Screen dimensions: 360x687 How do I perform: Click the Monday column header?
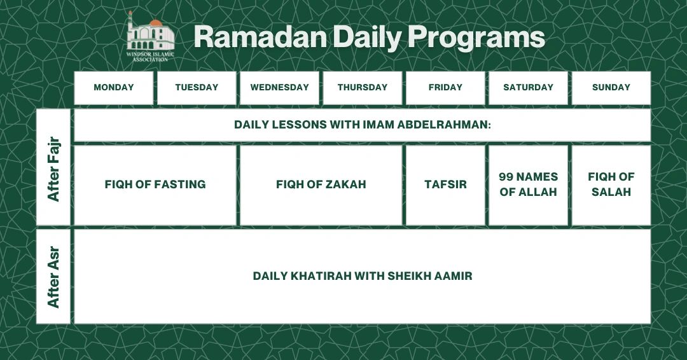[114, 88]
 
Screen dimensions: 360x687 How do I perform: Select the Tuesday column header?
[197, 88]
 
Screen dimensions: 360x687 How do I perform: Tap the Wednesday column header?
[279, 88]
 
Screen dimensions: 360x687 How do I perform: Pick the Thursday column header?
[363, 88]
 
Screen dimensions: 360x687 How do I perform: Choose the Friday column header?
[445, 88]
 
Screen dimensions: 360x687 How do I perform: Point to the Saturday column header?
[528, 88]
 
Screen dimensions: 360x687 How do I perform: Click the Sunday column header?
[611, 88]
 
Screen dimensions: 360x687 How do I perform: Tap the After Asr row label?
[53, 277]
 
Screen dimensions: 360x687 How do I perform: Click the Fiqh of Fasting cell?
[155, 184]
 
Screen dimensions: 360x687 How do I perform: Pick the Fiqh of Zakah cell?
[321, 184]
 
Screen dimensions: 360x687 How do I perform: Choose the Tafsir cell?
[445, 184]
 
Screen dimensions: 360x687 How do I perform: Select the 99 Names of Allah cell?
[528, 184]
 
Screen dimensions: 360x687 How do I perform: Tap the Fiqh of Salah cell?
[611, 184]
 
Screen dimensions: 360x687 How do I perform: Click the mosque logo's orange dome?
[156, 24]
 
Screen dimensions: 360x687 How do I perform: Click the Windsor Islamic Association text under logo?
[151, 57]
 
